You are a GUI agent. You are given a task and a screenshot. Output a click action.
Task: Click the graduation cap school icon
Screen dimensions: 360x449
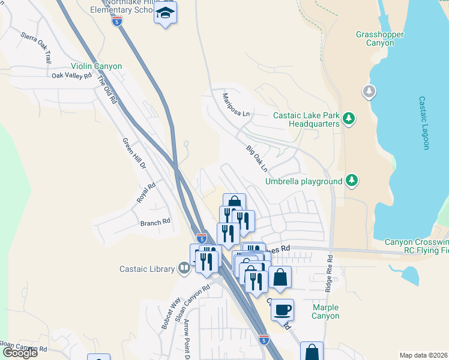click(165, 13)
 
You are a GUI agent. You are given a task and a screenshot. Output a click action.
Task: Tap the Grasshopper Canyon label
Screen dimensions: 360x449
click(379, 39)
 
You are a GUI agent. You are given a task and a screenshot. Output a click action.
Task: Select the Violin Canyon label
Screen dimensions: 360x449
click(96, 66)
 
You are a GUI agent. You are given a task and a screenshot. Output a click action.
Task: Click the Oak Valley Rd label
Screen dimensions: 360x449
click(71, 76)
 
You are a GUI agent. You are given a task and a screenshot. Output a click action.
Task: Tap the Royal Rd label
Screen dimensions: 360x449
click(146, 192)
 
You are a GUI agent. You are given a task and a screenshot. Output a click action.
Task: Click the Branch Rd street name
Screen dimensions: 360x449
click(155, 223)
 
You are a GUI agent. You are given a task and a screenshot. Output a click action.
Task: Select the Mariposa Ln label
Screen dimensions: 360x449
click(235, 105)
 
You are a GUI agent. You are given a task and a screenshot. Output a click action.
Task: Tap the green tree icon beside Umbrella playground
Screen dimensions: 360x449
click(352, 180)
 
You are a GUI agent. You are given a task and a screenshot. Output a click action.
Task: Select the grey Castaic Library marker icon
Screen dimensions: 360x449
click(184, 269)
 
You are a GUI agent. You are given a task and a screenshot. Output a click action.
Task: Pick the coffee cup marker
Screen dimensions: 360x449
click(282, 310)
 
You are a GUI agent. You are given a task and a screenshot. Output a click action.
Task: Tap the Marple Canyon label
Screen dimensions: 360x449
click(326, 311)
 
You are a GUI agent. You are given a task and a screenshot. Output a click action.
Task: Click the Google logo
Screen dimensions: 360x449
click(20, 353)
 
